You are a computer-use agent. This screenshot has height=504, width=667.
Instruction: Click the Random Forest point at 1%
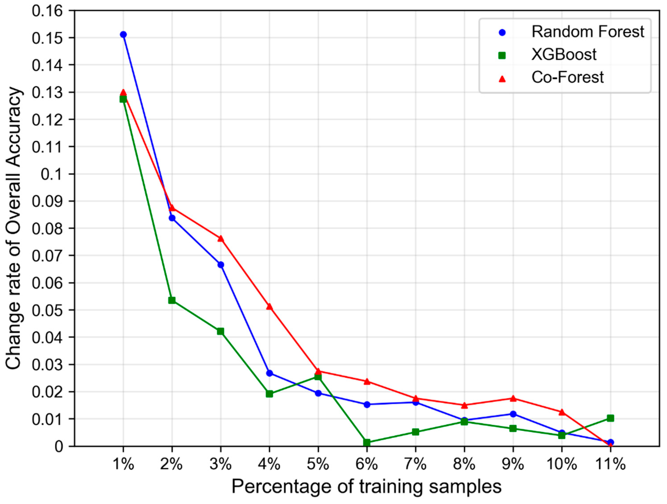[x=123, y=34]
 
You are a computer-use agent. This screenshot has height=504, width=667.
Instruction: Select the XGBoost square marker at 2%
[x=172, y=300]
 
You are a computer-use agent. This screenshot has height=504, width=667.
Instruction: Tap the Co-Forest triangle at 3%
[x=220, y=239]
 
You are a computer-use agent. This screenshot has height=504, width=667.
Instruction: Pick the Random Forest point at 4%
[x=269, y=373]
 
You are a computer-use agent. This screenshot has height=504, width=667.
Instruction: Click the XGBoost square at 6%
[x=367, y=442]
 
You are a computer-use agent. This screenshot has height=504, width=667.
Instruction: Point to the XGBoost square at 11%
[x=610, y=418]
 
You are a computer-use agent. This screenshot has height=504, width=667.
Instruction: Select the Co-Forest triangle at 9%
[x=513, y=398]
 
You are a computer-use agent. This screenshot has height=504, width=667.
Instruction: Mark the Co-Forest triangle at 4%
[x=269, y=307]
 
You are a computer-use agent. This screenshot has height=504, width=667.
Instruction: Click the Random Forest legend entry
[x=587, y=32]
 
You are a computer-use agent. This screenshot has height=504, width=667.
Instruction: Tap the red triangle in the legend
[x=502, y=79]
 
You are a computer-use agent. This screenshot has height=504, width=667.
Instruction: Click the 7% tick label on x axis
[x=416, y=464]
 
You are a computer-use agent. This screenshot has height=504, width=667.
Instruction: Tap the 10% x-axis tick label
[x=561, y=464]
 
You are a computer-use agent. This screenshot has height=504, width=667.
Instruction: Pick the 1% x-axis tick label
[x=123, y=464]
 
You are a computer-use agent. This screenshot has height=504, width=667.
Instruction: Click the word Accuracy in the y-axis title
[x=14, y=127]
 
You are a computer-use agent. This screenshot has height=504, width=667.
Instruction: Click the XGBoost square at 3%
[x=220, y=331]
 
